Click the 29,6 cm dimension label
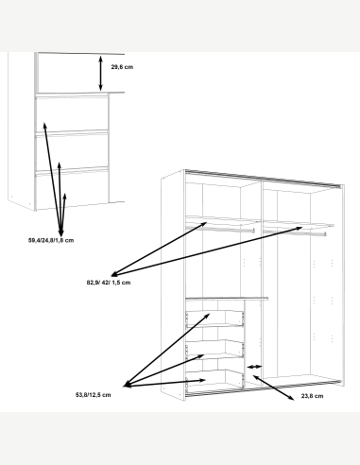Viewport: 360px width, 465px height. point(122,67)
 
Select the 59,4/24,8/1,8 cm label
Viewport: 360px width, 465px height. point(51,240)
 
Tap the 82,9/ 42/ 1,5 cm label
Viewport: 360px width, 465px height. point(109,283)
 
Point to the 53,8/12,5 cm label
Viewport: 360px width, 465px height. point(93,395)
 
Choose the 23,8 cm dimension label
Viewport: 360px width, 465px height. point(312,396)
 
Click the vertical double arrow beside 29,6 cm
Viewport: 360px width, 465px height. point(100,73)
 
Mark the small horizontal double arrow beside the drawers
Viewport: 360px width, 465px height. point(254,367)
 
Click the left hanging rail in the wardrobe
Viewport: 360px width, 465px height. point(220,229)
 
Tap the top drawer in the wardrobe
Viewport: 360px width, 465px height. point(214,319)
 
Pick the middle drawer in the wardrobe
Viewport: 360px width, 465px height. point(214,349)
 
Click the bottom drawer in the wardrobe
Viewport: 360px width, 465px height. point(214,378)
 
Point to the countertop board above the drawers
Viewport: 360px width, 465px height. point(227,299)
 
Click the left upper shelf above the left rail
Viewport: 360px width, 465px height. point(223,220)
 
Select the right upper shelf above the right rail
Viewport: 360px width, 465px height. point(299,224)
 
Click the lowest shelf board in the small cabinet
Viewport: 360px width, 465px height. point(72,171)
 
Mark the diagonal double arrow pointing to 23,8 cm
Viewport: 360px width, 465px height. point(273,387)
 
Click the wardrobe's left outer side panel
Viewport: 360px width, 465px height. point(173,285)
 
